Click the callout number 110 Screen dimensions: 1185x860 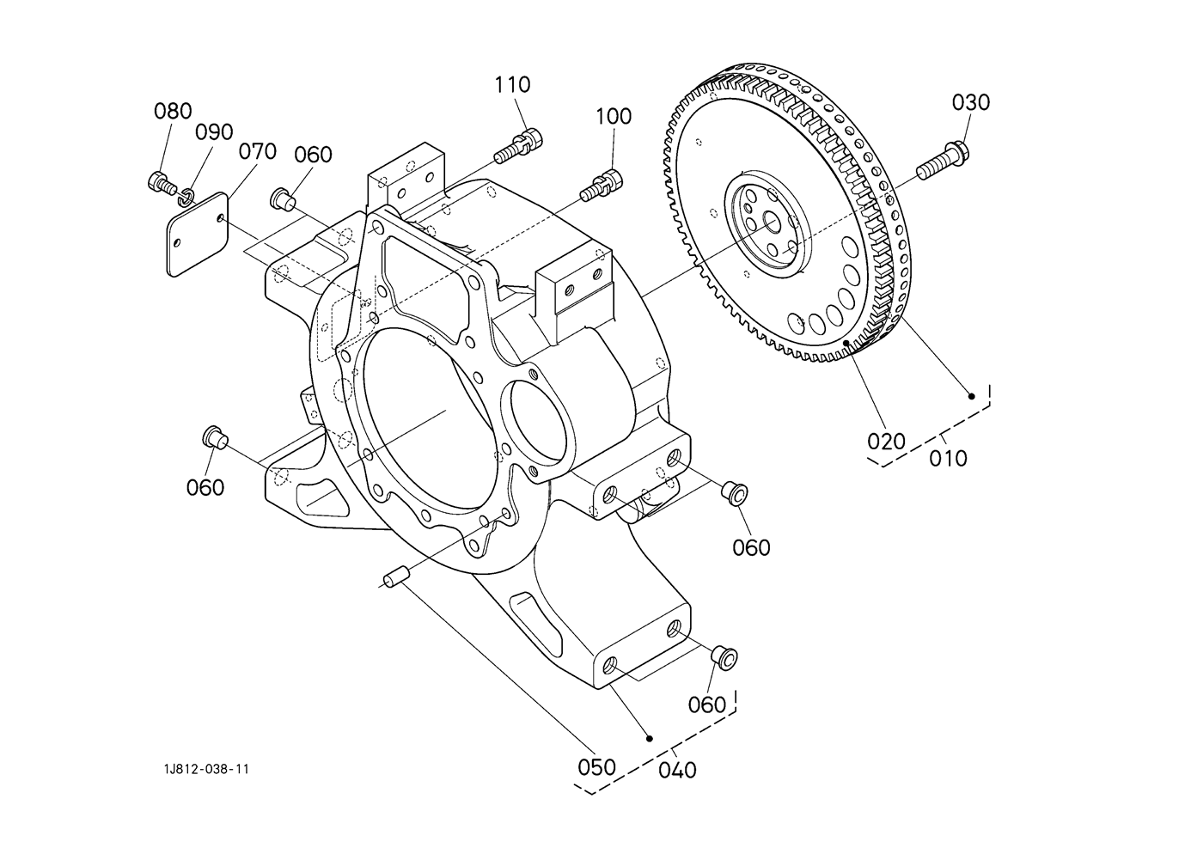(x=512, y=84)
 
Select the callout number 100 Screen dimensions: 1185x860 (x=614, y=116)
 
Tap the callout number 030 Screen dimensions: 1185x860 (x=971, y=102)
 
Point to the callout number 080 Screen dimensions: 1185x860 (x=173, y=111)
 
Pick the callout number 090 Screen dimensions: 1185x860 (x=214, y=132)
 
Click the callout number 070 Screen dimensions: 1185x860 (x=258, y=152)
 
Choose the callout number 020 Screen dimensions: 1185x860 (x=887, y=441)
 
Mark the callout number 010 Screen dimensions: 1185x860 (x=949, y=458)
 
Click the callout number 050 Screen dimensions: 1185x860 (x=596, y=767)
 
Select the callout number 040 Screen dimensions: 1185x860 (x=678, y=770)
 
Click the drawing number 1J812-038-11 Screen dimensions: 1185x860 (x=206, y=769)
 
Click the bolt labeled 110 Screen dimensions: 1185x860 (x=518, y=143)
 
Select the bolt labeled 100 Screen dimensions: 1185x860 (x=602, y=185)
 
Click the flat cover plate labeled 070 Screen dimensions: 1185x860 (x=197, y=235)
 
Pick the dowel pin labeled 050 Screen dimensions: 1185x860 (x=397, y=576)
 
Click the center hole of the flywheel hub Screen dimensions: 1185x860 (x=772, y=223)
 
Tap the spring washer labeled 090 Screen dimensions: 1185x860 (x=185, y=197)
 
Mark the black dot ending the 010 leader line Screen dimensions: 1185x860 (x=971, y=396)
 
